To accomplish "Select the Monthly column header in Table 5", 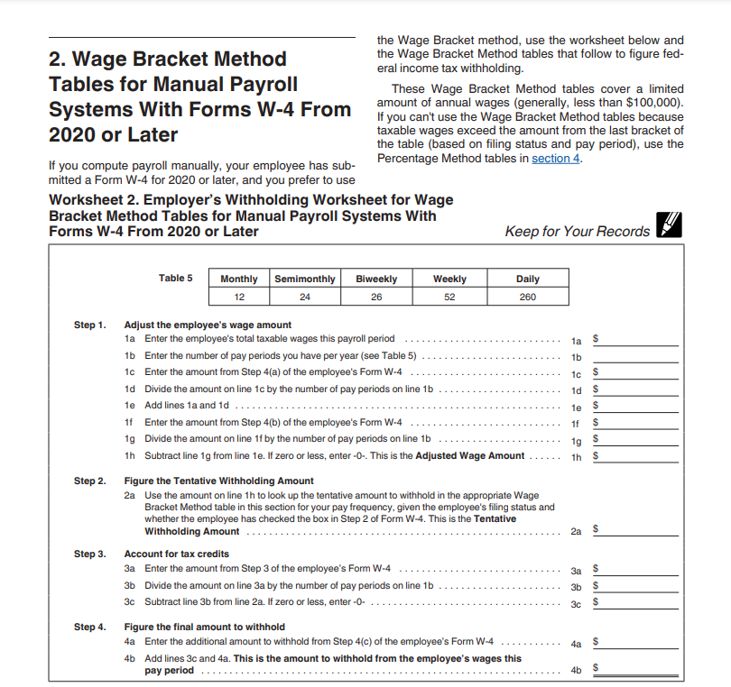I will tap(239, 279).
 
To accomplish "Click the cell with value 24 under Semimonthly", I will tap(305, 297).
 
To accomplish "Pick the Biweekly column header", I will tap(376, 279).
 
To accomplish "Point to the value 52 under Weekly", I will tap(449, 297).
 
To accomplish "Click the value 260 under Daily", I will tap(528, 297).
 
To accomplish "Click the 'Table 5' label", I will tap(175, 278).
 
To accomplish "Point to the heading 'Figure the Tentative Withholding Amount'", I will tap(219, 481).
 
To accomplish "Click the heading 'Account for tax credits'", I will tap(176, 554).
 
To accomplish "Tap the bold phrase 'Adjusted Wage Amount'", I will tap(469, 455).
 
